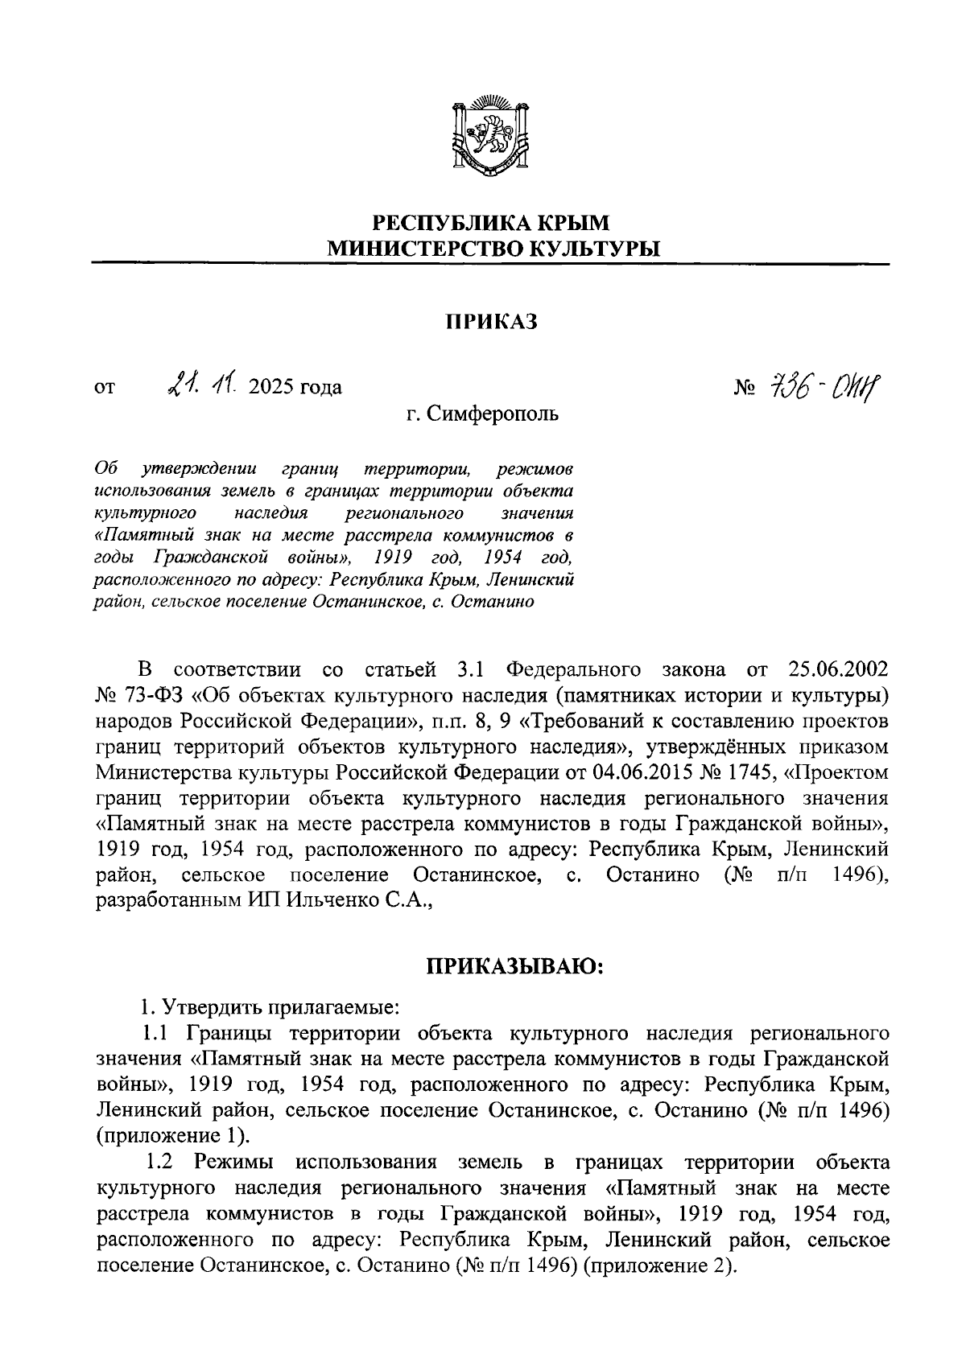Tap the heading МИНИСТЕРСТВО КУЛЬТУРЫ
pos(491,249)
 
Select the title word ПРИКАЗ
pos(491,323)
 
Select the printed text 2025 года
pos(295,388)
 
